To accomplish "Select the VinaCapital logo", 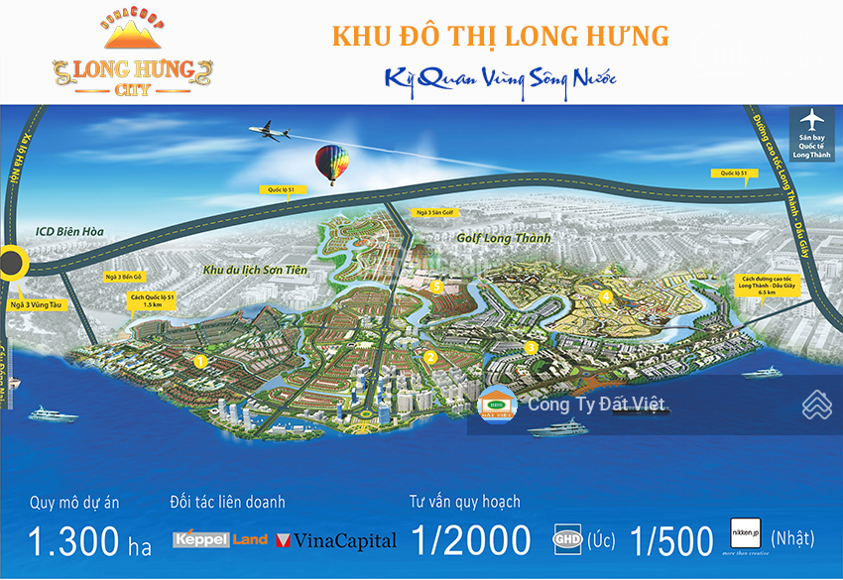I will pos(336,540).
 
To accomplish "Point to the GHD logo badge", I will pos(567,540).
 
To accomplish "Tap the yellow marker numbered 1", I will pos(200,362).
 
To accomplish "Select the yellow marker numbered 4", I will pos(605,295).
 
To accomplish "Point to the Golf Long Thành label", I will pos(503,239).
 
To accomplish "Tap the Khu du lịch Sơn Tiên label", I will pos(255,269).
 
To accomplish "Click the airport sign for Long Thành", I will pos(811,128).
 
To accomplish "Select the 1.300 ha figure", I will pos(88,541).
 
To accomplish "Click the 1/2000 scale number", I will pos(471,540).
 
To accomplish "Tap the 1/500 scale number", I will pos(671,540).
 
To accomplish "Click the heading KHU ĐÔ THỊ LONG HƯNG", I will pos(500,37).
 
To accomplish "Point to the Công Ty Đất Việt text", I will pos(596,405).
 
